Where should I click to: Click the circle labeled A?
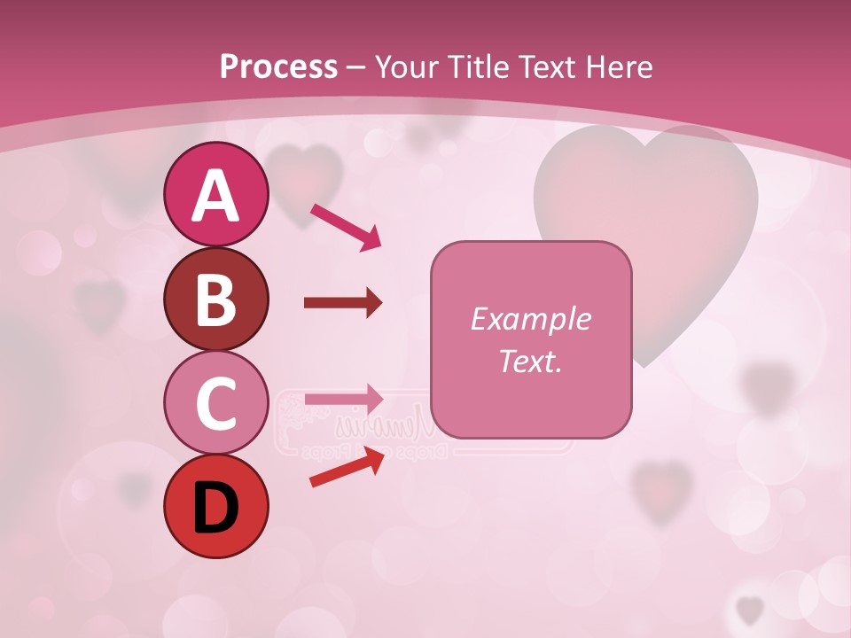point(215,195)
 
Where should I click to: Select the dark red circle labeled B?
point(215,300)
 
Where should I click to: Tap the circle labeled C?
point(215,403)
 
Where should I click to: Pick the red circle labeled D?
point(215,507)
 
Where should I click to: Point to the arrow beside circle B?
point(343,303)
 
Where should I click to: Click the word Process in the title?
point(278,66)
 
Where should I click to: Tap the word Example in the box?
point(530,319)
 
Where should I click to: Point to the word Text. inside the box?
point(530,361)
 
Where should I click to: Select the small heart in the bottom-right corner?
point(750,609)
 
